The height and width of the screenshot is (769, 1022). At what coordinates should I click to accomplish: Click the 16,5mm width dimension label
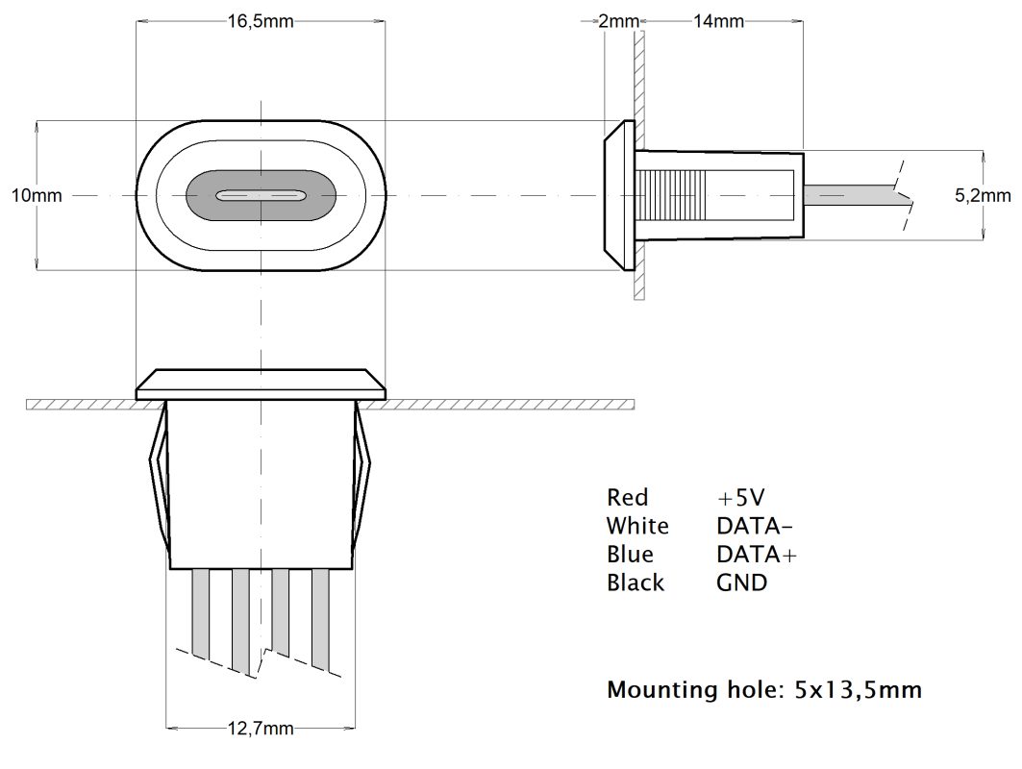(261, 22)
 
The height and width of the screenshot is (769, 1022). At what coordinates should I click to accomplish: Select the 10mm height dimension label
(36, 195)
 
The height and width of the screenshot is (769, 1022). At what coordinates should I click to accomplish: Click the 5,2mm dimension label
(982, 195)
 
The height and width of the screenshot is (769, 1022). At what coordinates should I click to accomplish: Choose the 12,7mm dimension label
(262, 728)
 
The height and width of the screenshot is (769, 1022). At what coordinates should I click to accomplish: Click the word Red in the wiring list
(627, 497)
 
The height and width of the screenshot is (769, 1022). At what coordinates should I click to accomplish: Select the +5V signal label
(740, 497)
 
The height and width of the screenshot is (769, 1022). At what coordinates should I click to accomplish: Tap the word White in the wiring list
(636, 526)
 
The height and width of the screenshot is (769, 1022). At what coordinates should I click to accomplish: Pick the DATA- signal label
(755, 526)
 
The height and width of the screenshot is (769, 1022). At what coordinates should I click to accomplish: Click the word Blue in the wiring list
(630, 555)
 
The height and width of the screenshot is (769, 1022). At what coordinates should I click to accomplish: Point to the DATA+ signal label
(757, 555)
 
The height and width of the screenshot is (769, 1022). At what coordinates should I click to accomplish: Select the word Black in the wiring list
(635, 583)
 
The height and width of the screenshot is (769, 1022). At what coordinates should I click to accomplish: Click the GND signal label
(741, 583)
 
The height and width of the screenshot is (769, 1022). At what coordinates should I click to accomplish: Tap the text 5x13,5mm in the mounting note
(858, 690)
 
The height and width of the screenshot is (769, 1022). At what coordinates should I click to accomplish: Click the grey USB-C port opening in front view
(261, 195)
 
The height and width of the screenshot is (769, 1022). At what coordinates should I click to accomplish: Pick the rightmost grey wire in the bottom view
(320, 615)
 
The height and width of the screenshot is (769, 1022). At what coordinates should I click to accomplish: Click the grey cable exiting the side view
(851, 195)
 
